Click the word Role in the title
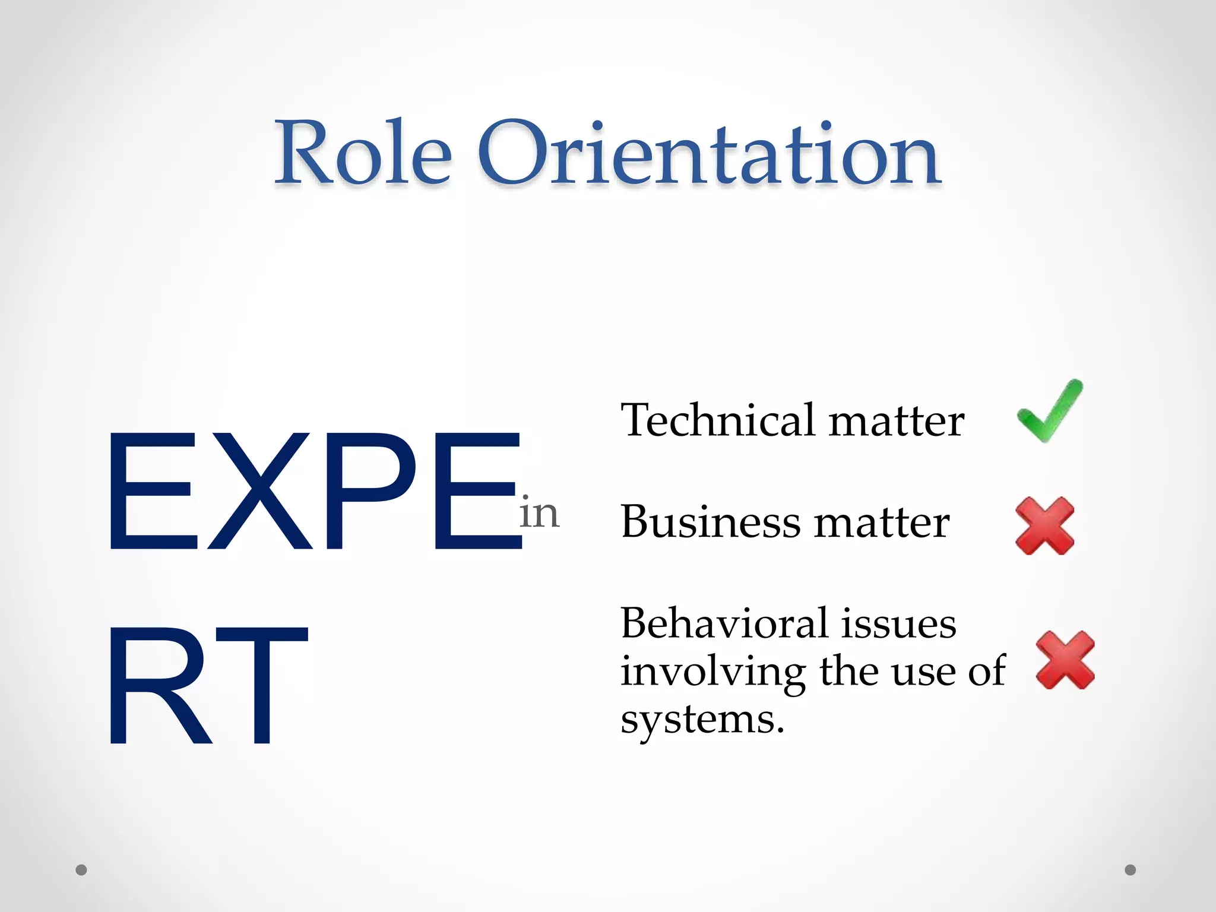(363, 153)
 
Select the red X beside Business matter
(1045, 526)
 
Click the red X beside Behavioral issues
(1065, 660)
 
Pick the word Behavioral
(723, 623)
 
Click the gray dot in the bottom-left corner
(81, 870)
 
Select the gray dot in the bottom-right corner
(1130, 870)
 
